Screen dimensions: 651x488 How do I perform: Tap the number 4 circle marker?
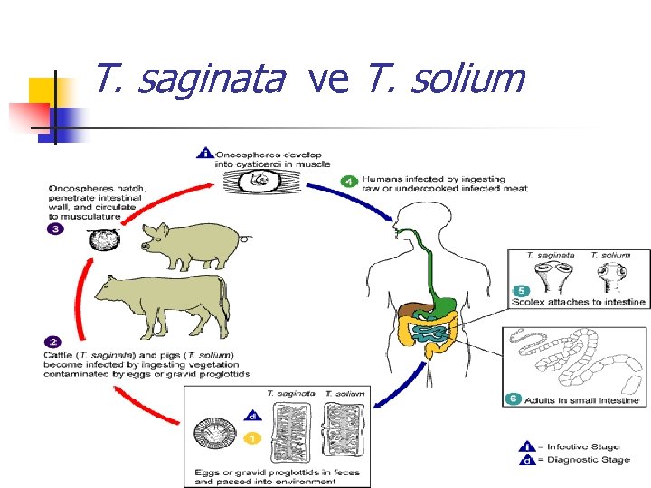coord(349,181)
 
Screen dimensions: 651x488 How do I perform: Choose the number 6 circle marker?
coord(513,399)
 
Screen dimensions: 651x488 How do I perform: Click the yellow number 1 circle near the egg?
coord(252,437)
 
